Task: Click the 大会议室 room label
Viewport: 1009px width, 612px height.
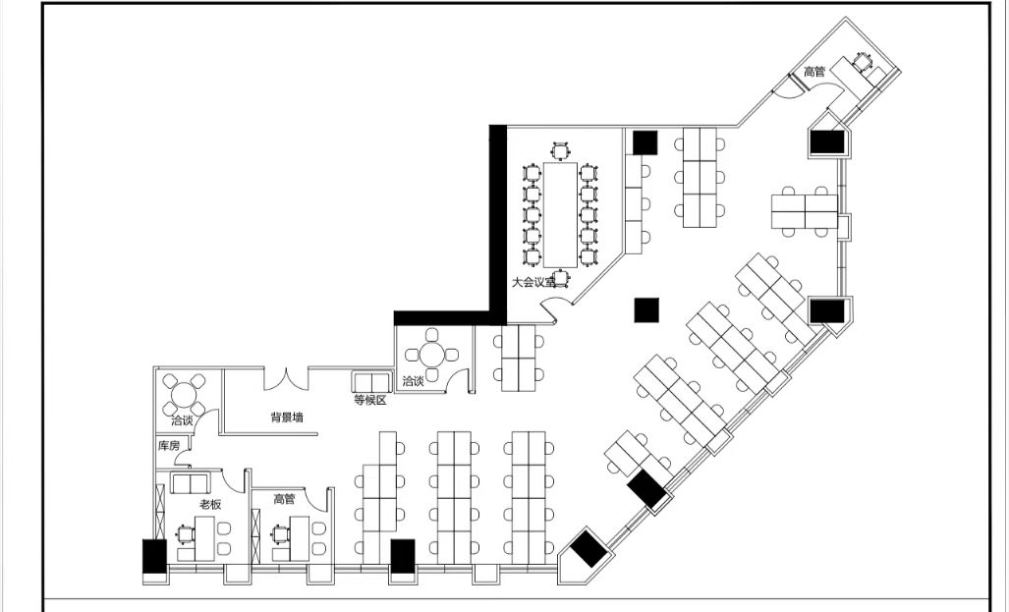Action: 533,282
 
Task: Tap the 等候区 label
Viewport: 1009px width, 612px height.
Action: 370,400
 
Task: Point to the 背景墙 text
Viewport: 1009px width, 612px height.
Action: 286,417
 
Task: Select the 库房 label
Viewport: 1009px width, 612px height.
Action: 169,445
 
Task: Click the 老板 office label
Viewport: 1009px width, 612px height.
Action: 210,504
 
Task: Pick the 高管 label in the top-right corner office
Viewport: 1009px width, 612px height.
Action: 814,72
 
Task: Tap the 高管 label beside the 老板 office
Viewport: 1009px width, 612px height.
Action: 284,499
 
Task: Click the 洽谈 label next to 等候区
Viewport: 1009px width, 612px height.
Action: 413,381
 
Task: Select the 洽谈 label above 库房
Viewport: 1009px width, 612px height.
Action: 182,420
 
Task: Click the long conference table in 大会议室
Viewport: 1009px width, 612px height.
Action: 560,214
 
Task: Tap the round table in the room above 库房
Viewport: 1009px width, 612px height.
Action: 184,395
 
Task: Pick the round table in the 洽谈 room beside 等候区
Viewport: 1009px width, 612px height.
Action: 431,354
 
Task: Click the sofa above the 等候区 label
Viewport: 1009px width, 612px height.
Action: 372,381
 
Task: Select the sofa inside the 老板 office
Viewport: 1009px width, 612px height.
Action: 190,483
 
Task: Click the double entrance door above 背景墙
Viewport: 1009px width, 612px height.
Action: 286,378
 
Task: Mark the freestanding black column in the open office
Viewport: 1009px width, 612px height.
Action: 646,309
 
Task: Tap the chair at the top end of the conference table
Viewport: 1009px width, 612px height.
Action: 561,150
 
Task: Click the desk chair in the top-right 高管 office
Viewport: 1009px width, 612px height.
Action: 862,61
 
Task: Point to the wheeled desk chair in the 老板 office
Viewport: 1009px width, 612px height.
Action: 186,534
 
